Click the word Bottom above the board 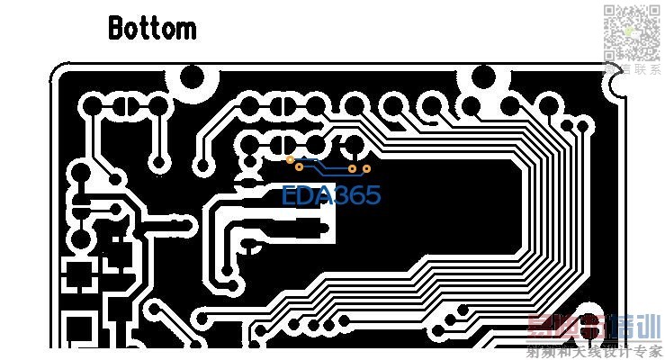click(151, 28)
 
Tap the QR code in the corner click(630, 31)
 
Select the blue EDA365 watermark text click(330, 195)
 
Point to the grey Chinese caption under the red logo click(593, 351)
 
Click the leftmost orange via click(290, 160)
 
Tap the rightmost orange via click(366, 168)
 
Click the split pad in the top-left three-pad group click(125, 107)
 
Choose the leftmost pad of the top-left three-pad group click(92, 107)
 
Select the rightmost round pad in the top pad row click(545, 106)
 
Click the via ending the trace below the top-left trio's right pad click(159, 163)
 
